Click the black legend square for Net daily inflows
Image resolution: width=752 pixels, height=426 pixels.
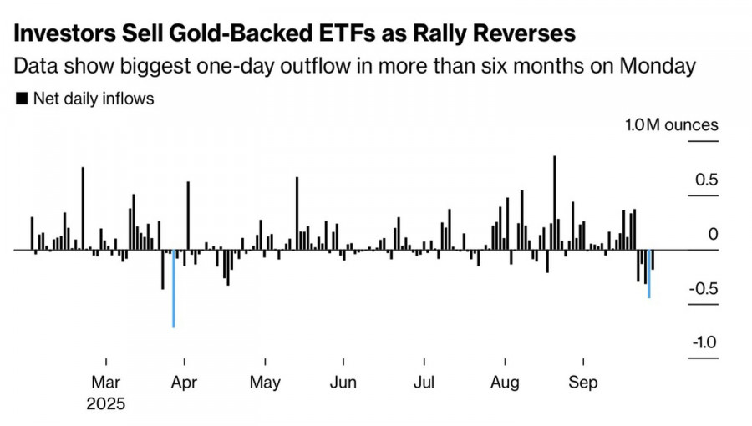[22, 99]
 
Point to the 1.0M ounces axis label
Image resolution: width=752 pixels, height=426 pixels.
[672, 125]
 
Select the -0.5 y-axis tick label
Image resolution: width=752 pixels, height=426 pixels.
[704, 289]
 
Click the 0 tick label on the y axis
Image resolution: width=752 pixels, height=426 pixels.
[713, 235]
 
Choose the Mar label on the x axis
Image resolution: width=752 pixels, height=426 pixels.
[106, 383]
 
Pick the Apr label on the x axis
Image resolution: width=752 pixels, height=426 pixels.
[184, 383]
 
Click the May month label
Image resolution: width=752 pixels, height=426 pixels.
[265, 383]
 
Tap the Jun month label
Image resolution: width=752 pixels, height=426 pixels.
[343, 383]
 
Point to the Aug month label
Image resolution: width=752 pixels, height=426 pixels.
[504, 383]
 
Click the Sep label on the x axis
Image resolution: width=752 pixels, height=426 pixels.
[583, 383]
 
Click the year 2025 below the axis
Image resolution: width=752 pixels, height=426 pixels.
[106, 404]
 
